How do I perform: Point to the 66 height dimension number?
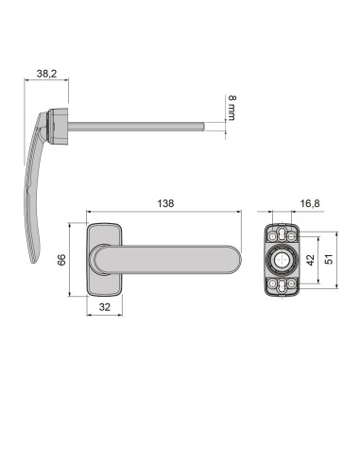tap(62, 260)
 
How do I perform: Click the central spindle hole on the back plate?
tap(282, 260)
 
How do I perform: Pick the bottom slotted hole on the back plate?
tap(282, 285)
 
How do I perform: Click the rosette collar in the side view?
tap(60, 123)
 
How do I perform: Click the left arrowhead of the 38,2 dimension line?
tap(25, 81)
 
